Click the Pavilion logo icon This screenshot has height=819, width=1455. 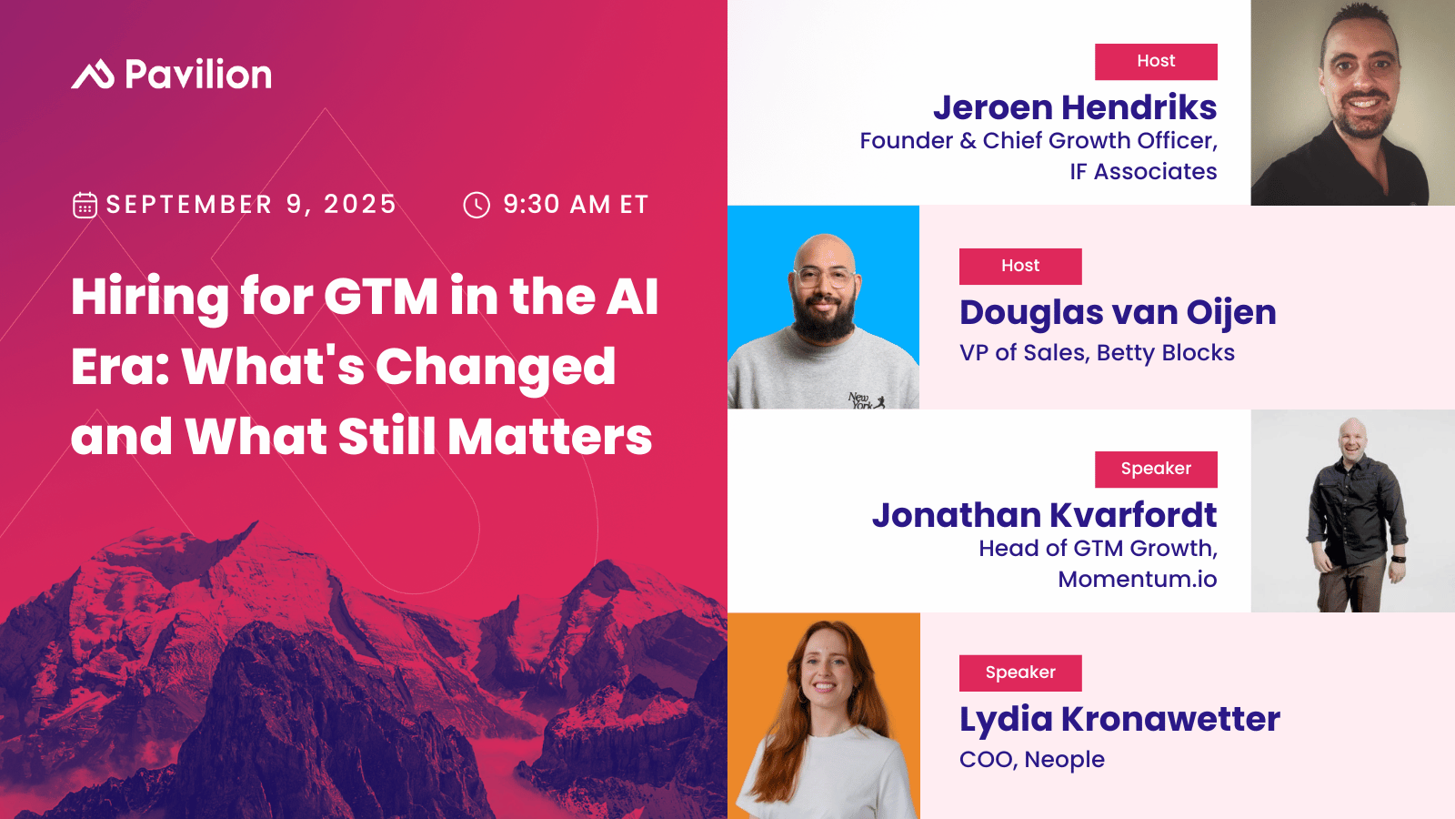tap(93, 75)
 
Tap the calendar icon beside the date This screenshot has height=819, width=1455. tap(85, 205)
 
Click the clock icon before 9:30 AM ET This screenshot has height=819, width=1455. tap(477, 205)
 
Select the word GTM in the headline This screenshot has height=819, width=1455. tap(381, 297)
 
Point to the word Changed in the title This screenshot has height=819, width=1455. tap(496, 368)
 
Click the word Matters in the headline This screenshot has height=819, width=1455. tap(550, 437)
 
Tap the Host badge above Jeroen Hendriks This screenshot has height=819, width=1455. tap(1156, 61)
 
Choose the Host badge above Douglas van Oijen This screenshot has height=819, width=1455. tap(1020, 266)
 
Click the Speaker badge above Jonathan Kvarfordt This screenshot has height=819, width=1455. tap(1156, 469)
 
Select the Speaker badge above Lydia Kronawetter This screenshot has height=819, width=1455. tap(1020, 672)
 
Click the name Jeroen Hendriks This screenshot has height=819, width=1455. tap(1075, 107)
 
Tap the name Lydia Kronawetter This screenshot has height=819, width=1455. tap(1119, 719)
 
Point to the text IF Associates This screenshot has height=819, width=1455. tap(1143, 172)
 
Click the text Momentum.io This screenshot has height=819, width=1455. tap(1137, 580)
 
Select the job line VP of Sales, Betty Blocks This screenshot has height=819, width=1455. tap(1097, 353)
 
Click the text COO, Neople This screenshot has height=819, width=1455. tap(1032, 760)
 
